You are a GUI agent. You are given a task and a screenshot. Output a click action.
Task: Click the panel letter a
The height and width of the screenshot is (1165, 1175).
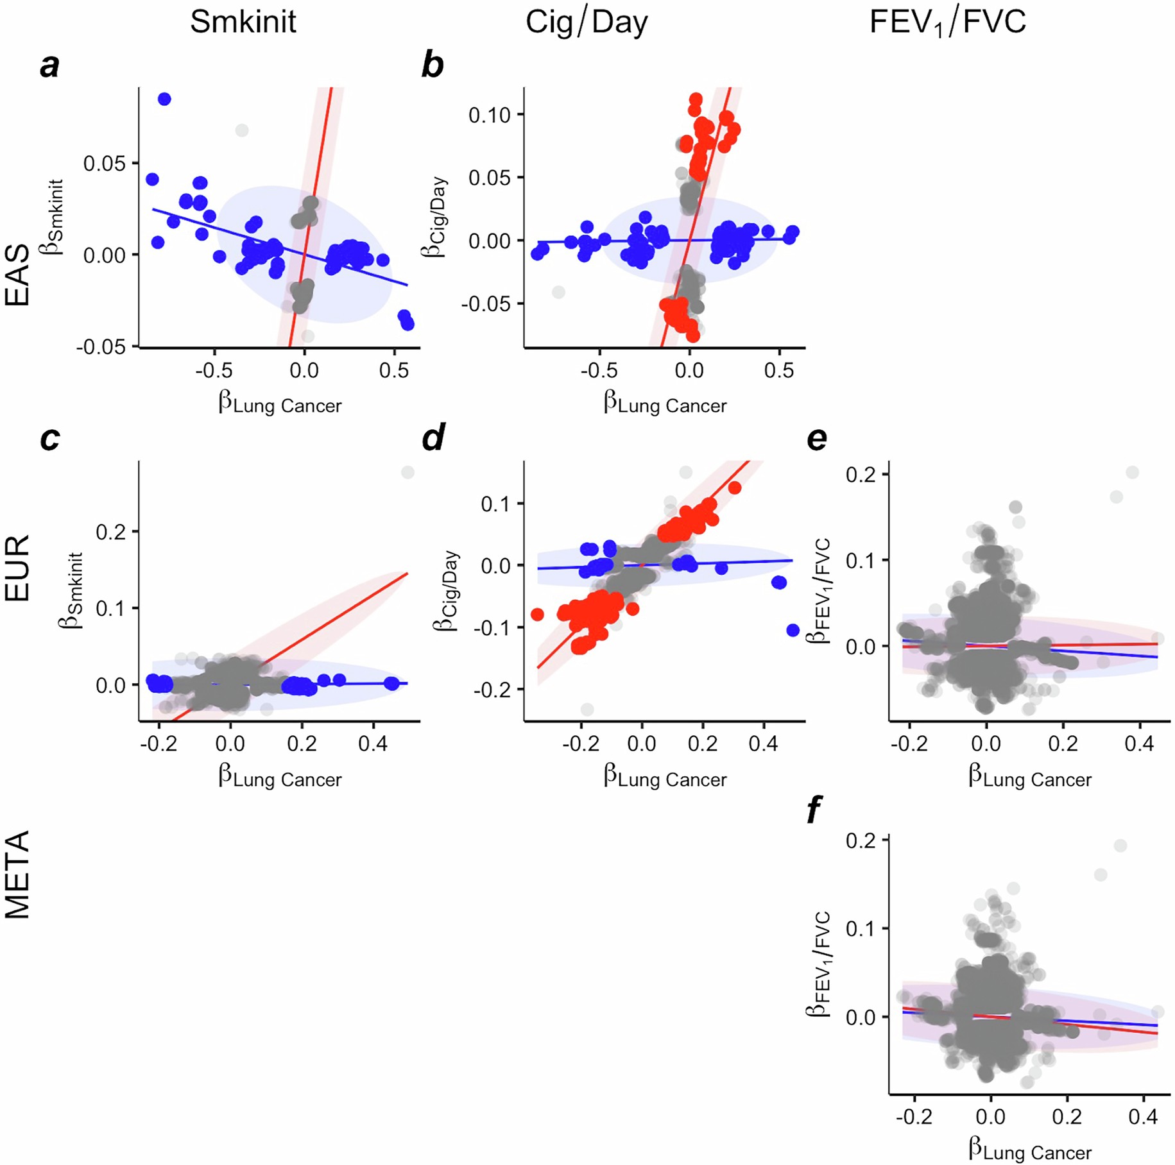tap(49, 65)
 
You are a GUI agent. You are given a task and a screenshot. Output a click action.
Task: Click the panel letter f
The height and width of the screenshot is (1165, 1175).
tap(814, 811)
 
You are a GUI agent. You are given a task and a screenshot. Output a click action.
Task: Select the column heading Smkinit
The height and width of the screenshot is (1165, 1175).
tap(243, 22)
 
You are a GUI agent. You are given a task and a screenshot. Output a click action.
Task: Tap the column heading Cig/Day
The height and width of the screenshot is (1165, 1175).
tap(587, 22)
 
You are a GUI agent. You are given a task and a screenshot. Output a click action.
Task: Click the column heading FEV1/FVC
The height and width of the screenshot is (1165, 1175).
tap(947, 23)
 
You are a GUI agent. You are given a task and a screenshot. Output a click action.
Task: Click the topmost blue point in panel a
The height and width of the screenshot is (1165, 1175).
tap(164, 99)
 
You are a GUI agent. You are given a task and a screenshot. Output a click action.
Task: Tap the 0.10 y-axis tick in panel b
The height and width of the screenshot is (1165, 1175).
tap(489, 115)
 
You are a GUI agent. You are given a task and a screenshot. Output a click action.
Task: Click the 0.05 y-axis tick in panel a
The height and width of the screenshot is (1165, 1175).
tap(104, 164)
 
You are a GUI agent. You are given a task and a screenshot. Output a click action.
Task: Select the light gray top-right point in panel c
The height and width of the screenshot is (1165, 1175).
tap(407, 472)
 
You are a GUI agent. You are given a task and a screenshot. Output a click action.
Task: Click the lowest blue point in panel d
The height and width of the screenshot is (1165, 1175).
tap(793, 630)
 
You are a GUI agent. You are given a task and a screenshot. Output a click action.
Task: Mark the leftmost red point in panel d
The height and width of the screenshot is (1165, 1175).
tap(538, 615)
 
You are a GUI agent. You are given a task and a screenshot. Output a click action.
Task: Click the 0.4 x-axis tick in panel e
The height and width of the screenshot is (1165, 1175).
tap(1139, 744)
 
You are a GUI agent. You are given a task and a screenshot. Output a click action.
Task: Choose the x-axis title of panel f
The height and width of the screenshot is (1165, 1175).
tap(1029, 1151)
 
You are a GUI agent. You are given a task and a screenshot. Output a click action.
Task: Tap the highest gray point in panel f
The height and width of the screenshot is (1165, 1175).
tap(1120, 846)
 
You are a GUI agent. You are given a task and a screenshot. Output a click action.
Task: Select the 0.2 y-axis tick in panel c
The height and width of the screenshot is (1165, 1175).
tap(109, 532)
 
